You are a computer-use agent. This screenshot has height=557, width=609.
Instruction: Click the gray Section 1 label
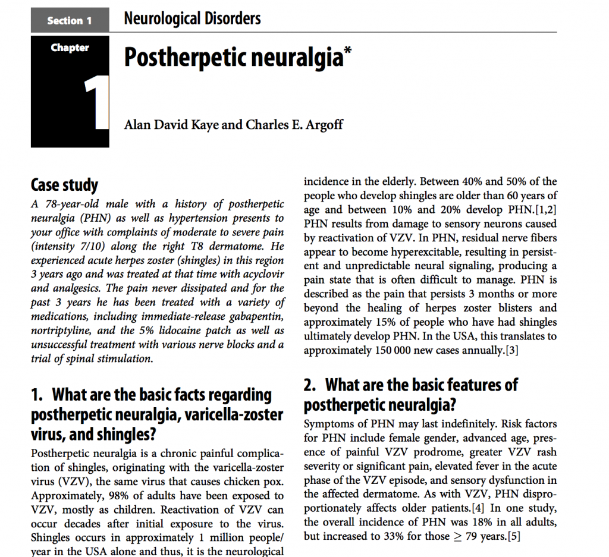(70, 21)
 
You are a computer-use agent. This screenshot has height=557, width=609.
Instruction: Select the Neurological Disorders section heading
(192, 19)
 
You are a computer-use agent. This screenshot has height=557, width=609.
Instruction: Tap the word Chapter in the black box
(70, 48)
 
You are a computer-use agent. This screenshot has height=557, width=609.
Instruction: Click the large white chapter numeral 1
(95, 103)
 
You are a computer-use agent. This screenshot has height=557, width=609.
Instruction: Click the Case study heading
(64, 185)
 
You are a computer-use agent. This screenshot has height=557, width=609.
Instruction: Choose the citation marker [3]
(510, 350)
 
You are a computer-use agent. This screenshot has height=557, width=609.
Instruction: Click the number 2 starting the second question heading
(309, 385)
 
